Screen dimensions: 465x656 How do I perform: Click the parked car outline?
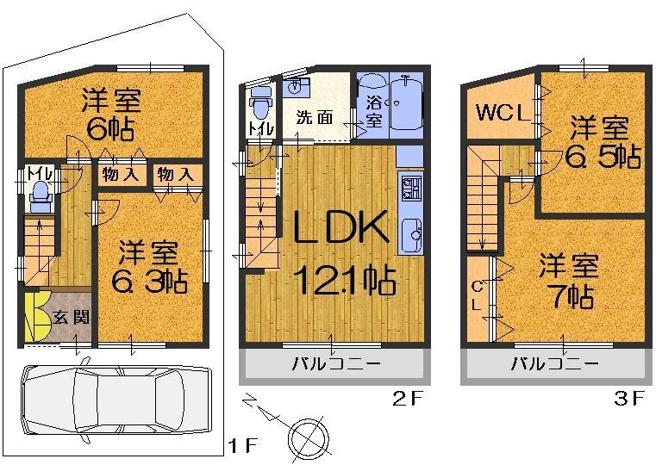click(116, 400)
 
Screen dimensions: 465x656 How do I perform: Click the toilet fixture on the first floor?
click(38, 200)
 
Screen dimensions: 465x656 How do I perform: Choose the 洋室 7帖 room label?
click(567, 281)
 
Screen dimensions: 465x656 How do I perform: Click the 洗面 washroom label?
click(315, 118)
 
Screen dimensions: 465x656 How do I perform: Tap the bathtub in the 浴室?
click(403, 103)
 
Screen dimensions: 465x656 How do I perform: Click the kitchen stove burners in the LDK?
click(409, 189)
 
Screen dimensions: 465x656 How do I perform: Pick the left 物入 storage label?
click(120, 175)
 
